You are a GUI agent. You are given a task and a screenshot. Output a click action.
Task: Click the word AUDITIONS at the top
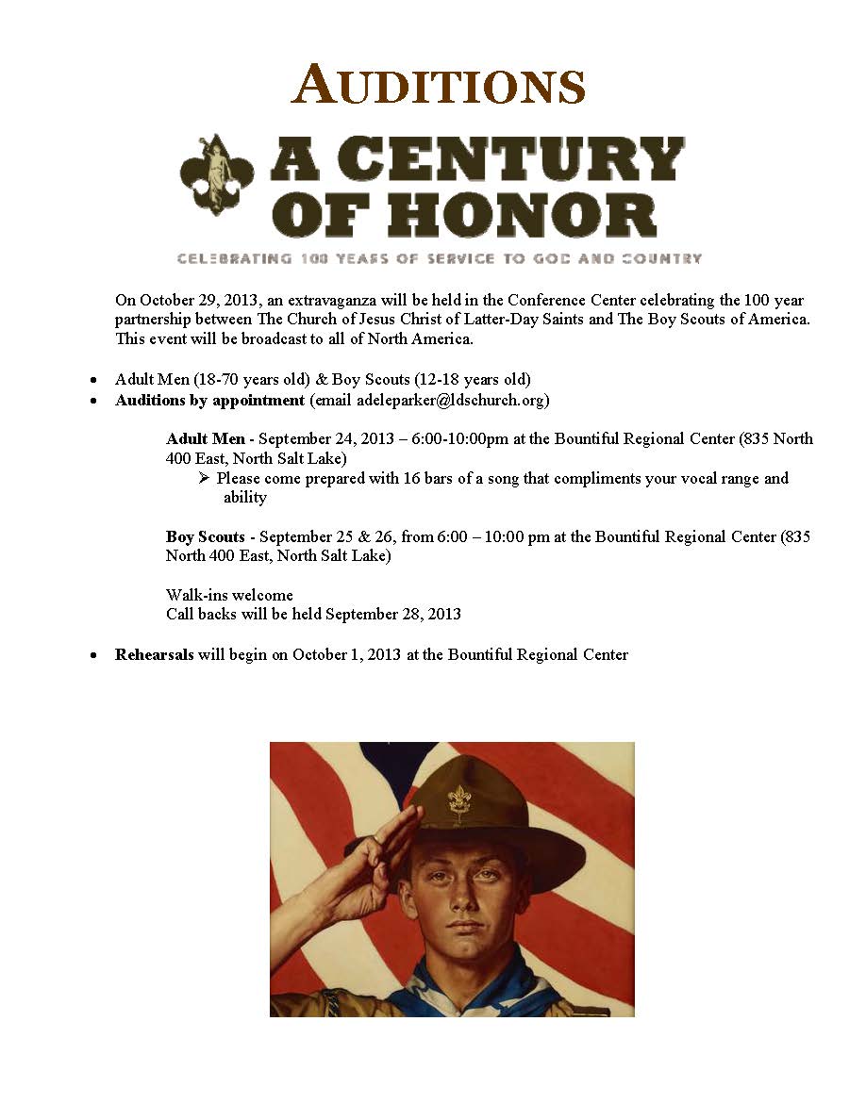(439, 86)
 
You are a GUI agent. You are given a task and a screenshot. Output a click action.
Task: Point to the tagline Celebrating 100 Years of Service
(439, 258)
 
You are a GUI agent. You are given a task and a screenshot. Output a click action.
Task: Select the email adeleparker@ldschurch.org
(452, 400)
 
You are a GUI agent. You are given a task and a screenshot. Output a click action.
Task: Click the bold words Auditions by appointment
(209, 400)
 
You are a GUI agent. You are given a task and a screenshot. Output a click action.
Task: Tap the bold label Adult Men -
(210, 439)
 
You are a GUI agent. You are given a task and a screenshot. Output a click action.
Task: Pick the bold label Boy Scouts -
(209, 537)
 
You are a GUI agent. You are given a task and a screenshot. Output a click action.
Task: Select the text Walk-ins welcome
(229, 596)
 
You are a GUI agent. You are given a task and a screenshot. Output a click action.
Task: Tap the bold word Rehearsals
(154, 654)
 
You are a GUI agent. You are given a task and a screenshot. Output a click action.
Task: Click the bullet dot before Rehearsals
(93, 655)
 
